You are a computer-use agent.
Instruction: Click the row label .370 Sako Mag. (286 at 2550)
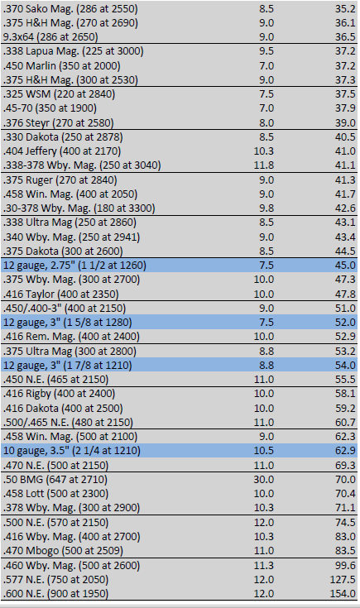[x=70, y=8]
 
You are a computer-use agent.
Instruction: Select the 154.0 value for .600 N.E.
[x=342, y=593]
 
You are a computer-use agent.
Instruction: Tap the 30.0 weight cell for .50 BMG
[x=264, y=479]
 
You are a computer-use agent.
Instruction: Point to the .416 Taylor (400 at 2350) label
[x=61, y=294]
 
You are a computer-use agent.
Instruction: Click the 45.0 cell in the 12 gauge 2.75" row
[x=345, y=266]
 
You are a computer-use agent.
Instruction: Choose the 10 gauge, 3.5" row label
[x=72, y=451]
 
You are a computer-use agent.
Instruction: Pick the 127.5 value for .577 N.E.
[x=342, y=579]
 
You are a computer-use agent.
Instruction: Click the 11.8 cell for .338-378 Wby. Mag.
[x=264, y=165]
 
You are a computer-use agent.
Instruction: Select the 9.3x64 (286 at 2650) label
[x=50, y=37]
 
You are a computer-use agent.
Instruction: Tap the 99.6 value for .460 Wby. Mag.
[x=345, y=565]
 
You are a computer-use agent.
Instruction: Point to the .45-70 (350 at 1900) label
[x=50, y=108]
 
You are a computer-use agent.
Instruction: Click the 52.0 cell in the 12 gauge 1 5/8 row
[x=345, y=323]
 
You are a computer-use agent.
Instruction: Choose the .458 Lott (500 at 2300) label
[x=56, y=494]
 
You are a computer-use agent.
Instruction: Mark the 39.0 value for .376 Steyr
[x=345, y=122]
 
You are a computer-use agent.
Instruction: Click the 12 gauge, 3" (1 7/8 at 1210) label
[x=68, y=366]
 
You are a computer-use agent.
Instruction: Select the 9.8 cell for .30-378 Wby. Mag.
[x=266, y=208]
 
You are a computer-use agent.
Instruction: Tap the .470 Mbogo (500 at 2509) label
[x=63, y=551]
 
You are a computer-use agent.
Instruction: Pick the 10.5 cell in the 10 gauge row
[x=264, y=451]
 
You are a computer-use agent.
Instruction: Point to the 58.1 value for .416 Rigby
[x=345, y=394]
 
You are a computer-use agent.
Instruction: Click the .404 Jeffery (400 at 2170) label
[x=62, y=151]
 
